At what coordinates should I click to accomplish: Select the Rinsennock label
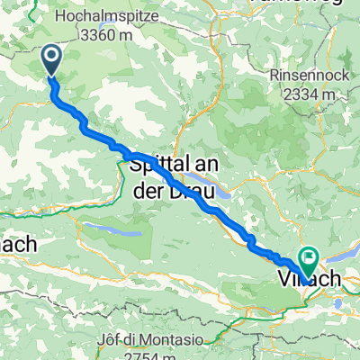(x=304, y=76)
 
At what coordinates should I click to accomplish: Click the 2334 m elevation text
(x=304, y=94)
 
